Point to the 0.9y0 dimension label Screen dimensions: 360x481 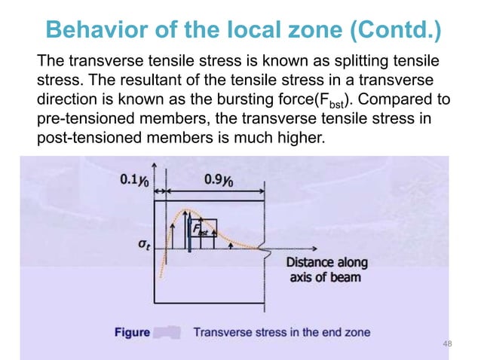218,180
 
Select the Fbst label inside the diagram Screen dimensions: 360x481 201,227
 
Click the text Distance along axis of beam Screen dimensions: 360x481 327,270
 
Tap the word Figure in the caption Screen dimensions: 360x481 132,331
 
